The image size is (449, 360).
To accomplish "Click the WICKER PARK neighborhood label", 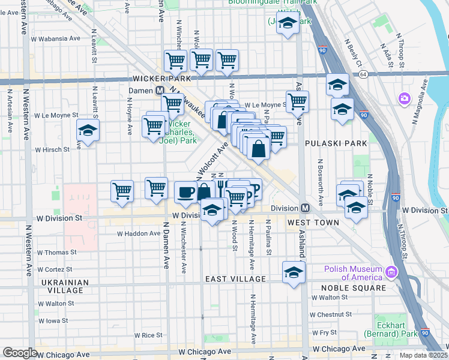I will pyautogui.click(x=161, y=79).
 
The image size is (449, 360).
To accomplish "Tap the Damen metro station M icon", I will pyautogui.click(x=160, y=91).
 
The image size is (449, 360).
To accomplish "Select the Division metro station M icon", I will pyautogui.click(x=305, y=208).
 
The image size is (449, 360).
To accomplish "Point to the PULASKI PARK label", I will pyautogui.click(x=336, y=144).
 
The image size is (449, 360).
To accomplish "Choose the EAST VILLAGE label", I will pyautogui.click(x=235, y=279).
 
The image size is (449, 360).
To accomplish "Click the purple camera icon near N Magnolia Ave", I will pyautogui.click(x=405, y=98).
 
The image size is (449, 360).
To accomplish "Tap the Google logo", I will pyautogui.click(x=20, y=353).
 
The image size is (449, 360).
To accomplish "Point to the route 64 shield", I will pyautogui.click(x=364, y=74).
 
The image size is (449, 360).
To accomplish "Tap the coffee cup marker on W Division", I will pyautogui.click(x=185, y=192).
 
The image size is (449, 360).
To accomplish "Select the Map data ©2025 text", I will pyautogui.click(x=423, y=355).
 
